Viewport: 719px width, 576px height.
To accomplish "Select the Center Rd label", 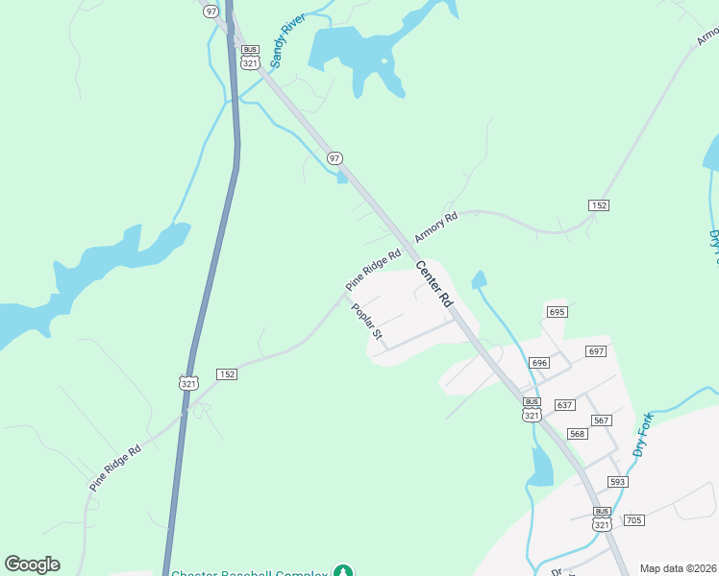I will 434,283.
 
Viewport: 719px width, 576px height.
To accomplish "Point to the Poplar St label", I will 367,322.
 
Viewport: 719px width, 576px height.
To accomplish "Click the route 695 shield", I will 558,312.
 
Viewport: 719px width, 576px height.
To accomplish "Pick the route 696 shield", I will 538,363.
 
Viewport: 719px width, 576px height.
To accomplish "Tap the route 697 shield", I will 596,351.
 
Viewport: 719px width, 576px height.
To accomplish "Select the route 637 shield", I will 564,405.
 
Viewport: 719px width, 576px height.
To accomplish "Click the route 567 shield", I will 602,420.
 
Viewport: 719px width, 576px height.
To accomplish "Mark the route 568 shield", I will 577,434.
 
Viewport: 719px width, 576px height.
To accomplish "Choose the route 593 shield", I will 617,481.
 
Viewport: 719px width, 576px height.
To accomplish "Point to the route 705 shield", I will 632,520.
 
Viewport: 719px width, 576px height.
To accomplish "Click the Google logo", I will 32,564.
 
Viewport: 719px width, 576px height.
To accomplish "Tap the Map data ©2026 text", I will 679,568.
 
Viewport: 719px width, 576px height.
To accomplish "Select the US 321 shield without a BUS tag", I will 188,382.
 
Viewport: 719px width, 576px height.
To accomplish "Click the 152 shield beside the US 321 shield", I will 227,374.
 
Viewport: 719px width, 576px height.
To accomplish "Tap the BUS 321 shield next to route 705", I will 602,519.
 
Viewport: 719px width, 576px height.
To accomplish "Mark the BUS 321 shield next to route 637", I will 532,409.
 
